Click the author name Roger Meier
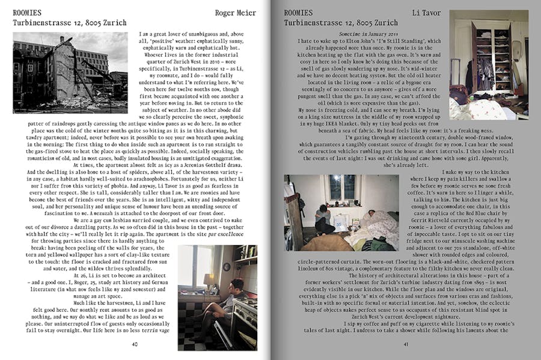tap(236, 12)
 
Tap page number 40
tap(135, 344)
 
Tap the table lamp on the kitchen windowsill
tap(207, 279)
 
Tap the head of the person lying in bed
tap(370, 214)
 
